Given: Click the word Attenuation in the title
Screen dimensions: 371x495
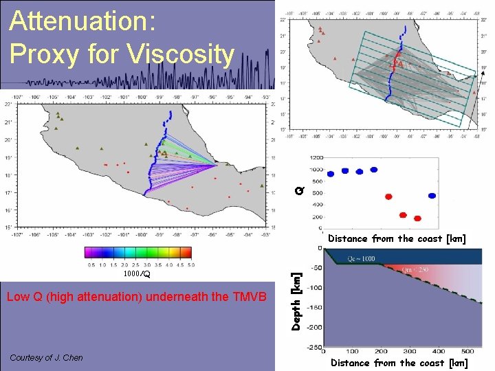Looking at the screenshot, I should click(82, 21).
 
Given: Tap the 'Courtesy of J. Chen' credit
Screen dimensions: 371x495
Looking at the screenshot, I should click(46, 357).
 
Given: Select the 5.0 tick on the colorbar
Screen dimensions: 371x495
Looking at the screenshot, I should click(190, 265).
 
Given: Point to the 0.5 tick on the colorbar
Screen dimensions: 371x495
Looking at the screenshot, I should click(91, 265).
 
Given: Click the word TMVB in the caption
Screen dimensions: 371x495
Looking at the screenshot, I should click(247, 297).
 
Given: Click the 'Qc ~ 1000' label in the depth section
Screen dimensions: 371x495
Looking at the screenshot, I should click(362, 258).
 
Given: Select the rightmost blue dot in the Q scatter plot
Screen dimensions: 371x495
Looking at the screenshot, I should click(432, 196).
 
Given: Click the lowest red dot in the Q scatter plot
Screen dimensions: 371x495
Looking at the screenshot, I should click(417, 218).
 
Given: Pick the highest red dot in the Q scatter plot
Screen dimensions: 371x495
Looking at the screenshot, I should click(388, 196).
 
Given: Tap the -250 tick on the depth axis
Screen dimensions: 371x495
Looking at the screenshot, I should click(314, 347).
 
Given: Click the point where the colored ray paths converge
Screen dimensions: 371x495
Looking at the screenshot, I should click(217, 166).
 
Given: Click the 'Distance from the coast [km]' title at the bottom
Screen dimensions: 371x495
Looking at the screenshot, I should click(399, 363).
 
